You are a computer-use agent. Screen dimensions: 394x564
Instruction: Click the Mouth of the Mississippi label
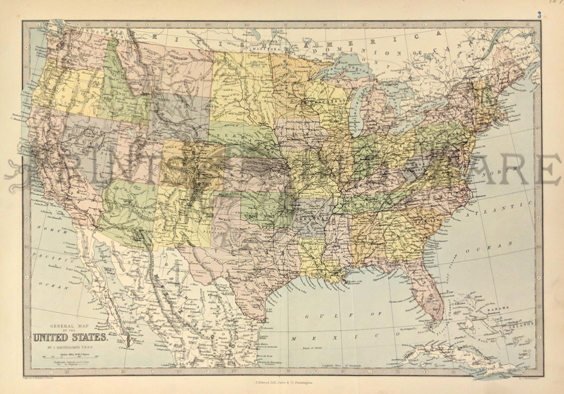(x=361, y=282)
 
